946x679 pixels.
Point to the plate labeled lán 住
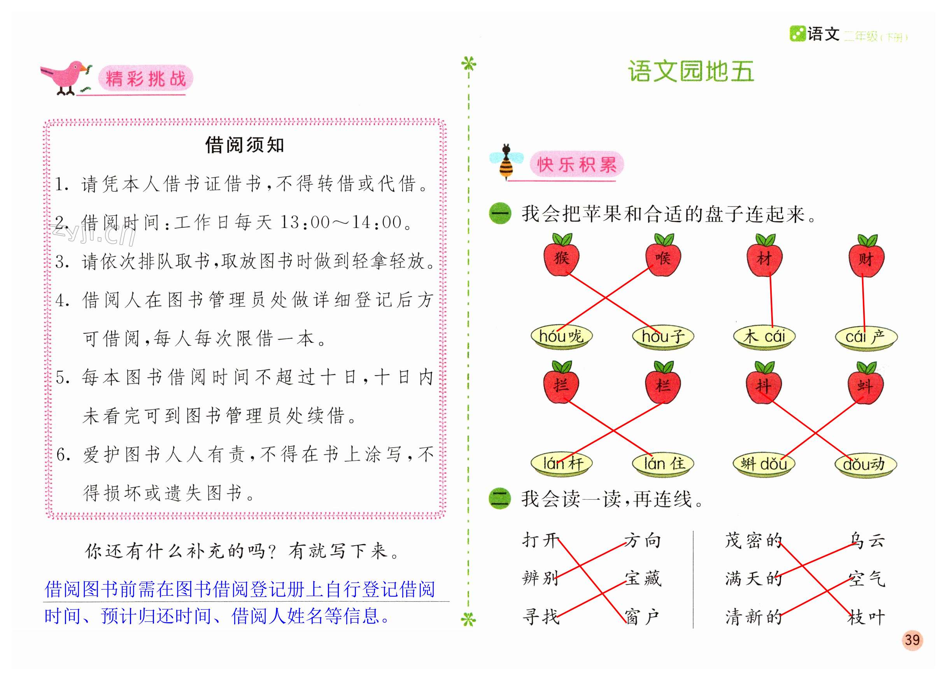[x=663, y=464]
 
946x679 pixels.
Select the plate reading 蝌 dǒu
[x=764, y=464]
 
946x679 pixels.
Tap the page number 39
[x=912, y=640]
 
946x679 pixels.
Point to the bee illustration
[x=506, y=162]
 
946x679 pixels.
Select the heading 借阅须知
[x=244, y=145]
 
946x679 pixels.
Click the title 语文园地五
[x=691, y=71]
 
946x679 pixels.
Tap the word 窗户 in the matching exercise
[x=642, y=616]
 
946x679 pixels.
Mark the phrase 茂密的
[x=753, y=541]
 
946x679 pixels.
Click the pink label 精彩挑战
[x=145, y=79]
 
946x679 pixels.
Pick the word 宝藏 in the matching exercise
[x=643, y=579]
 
